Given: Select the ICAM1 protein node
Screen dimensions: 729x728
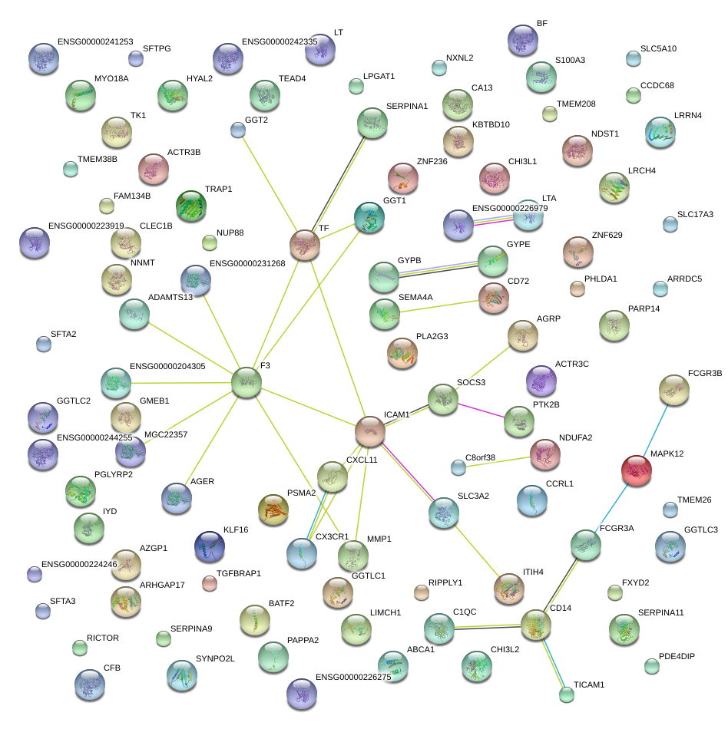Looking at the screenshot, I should tap(369, 431).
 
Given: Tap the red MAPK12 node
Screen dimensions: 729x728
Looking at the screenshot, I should tap(637, 470).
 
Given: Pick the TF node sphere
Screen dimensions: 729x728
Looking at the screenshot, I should tap(305, 244).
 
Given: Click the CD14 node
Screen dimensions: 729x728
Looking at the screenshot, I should tap(536, 625).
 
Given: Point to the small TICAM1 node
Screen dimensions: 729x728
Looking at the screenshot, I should tap(567, 694).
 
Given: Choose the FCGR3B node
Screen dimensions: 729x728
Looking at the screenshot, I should tap(673, 390).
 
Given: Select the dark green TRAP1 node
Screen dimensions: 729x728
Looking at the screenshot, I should tap(191, 206).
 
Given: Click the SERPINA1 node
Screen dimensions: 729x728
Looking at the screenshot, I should tap(372, 123).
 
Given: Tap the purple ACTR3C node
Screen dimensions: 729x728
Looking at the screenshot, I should tap(541, 381).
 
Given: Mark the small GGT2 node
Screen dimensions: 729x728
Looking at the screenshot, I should tap(238, 130).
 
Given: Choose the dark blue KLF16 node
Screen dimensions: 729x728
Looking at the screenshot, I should tap(210, 546).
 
